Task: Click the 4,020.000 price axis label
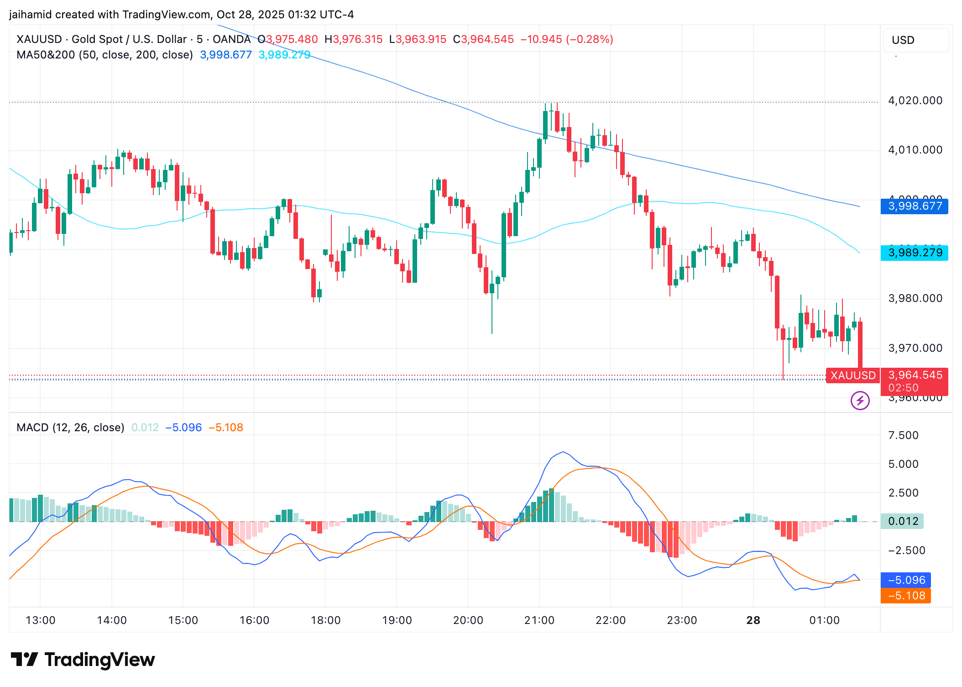coord(915,100)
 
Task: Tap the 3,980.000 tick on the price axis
coord(915,298)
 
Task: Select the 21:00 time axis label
coord(539,620)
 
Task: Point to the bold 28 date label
coord(753,620)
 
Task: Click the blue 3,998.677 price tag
coord(914,206)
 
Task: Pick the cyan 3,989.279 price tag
coord(914,253)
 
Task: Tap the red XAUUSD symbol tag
coord(852,375)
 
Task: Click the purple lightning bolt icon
coord(860,401)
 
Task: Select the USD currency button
coord(903,40)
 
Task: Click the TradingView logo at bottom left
coord(83,660)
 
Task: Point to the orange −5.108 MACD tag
coord(906,596)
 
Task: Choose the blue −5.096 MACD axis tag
coord(906,580)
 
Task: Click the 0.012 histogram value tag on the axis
coord(903,521)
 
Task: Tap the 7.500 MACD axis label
coord(903,435)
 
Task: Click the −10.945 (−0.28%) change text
coord(566,39)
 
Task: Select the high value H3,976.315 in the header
coord(353,39)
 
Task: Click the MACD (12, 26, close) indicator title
coord(70,428)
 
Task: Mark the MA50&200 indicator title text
coord(105,55)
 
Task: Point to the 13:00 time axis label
coord(40,620)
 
